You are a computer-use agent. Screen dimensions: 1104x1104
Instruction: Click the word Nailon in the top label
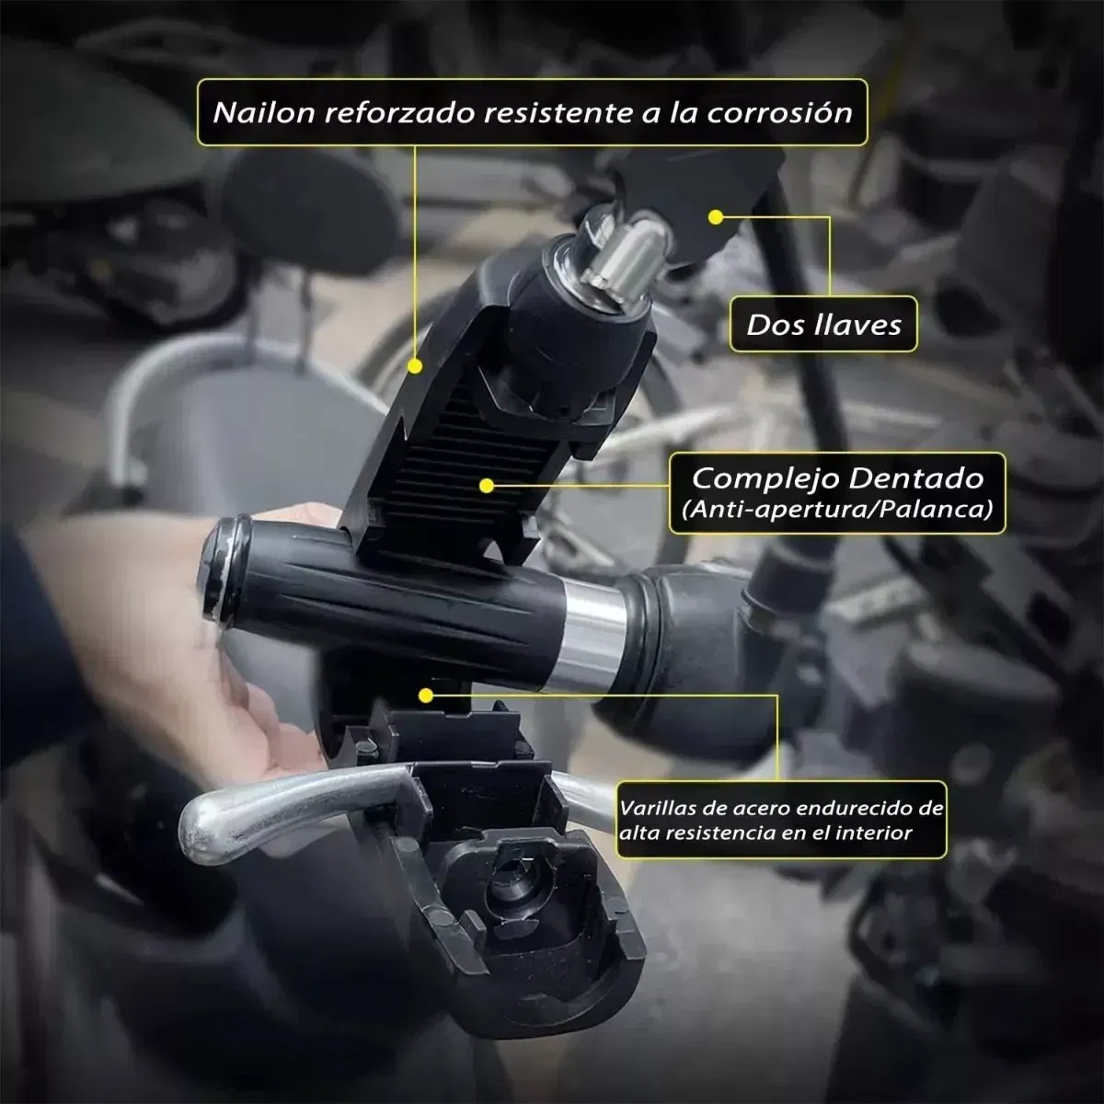click(x=263, y=112)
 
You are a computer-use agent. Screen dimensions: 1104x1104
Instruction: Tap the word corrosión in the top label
click(x=779, y=112)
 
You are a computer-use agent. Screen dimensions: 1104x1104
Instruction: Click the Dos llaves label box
click(x=823, y=324)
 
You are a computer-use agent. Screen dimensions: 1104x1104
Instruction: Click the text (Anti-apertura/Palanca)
click(x=836, y=509)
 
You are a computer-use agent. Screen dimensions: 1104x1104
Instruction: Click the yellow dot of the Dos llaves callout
click(x=716, y=217)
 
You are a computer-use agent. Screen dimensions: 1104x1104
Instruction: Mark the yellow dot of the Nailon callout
click(x=415, y=366)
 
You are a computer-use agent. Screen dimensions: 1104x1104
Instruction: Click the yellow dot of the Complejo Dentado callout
click(x=487, y=486)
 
